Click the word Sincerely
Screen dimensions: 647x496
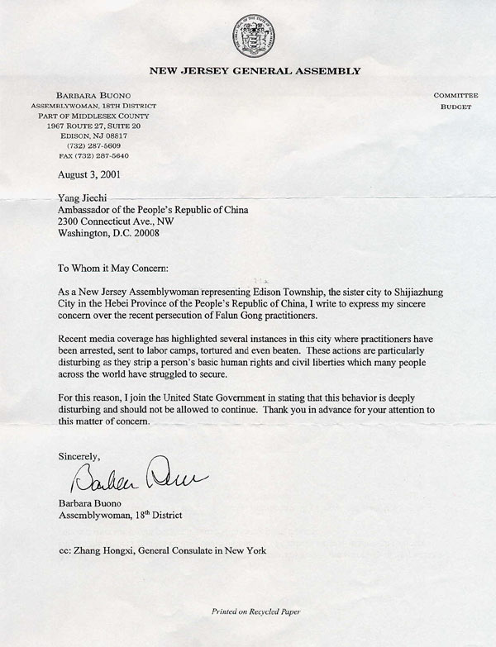point(80,455)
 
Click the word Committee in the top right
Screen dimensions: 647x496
point(456,96)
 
